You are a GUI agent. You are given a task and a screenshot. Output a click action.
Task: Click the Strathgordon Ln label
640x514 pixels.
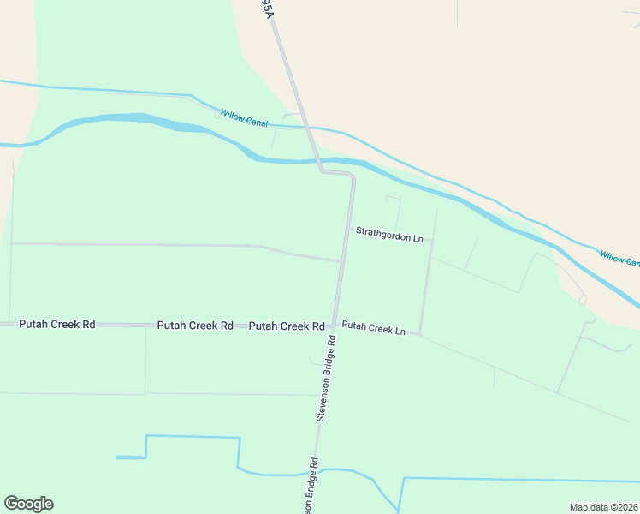coord(389,232)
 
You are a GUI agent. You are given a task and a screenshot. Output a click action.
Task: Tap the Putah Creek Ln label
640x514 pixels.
coord(373,327)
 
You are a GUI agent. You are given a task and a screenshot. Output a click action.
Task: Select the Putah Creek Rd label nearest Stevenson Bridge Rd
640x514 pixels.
coord(286,326)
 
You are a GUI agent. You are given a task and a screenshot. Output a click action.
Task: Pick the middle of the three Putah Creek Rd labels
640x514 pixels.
coord(195,326)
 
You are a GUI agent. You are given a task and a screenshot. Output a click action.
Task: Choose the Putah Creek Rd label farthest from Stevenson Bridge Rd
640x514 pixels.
coord(56,325)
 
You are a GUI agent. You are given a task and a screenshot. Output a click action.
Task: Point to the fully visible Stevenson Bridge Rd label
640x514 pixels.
coord(326,378)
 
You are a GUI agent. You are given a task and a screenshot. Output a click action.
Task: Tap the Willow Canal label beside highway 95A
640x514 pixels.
coord(244,117)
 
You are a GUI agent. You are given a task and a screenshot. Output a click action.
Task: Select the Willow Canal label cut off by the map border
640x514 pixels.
coord(619,257)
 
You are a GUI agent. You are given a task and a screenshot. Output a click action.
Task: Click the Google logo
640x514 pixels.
coord(28,504)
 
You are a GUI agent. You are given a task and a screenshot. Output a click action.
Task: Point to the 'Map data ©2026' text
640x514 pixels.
coord(603,507)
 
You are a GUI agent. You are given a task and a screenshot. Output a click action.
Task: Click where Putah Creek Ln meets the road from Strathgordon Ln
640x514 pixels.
coord(420,332)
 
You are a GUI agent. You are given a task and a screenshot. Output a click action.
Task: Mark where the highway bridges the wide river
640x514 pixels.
coord(317,160)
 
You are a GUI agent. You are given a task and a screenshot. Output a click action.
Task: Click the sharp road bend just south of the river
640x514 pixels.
coord(350,174)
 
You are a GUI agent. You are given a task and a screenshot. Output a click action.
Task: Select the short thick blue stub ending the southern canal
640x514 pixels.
coord(130,457)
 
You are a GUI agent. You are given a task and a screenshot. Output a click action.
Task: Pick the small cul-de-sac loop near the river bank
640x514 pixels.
coord(583,300)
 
